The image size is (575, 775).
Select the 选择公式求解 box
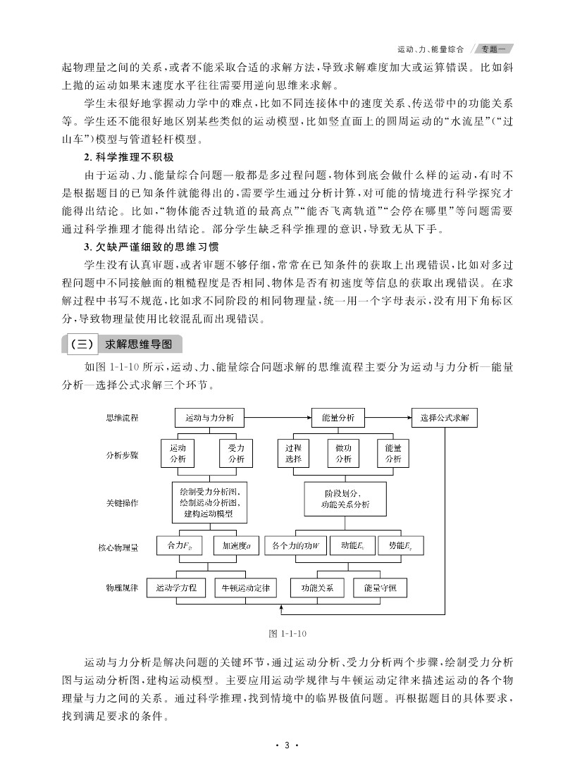(x=444, y=417)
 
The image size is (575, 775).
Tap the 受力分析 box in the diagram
(x=235, y=453)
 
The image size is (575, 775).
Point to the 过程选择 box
(x=293, y=453)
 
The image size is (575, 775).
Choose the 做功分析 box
(x=343, y=453)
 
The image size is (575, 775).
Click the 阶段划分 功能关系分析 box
(x=345, y=500)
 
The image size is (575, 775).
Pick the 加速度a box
(x=237, y=546)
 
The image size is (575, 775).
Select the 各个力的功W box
(x=296, y=546)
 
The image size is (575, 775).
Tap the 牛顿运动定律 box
(x=246, y=587)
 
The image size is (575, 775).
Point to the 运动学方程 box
(x=176, y=587)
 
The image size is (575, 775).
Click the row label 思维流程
(x=122, y=418)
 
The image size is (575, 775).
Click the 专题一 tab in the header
(x=493, y=49)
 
